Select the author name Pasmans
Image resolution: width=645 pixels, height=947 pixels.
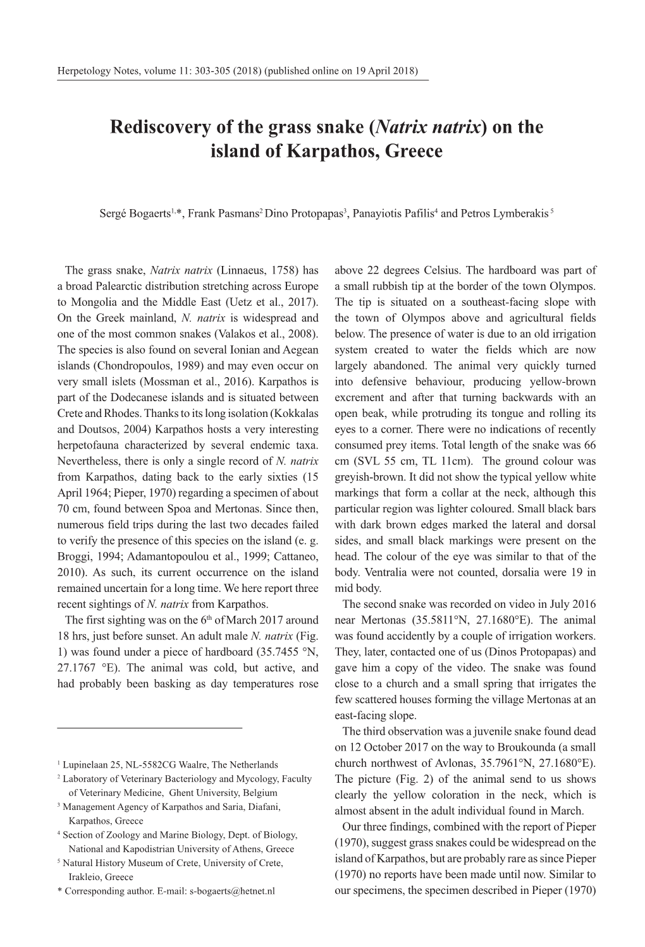click(x=241, y=214)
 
